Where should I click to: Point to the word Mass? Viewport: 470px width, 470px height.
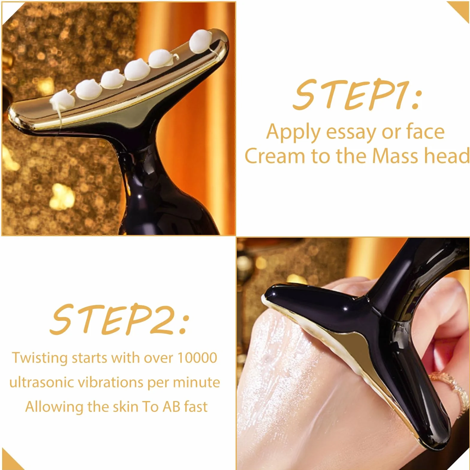point(396,156)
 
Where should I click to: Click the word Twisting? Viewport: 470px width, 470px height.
point(40,358)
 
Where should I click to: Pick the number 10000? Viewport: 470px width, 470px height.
point(197,358)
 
